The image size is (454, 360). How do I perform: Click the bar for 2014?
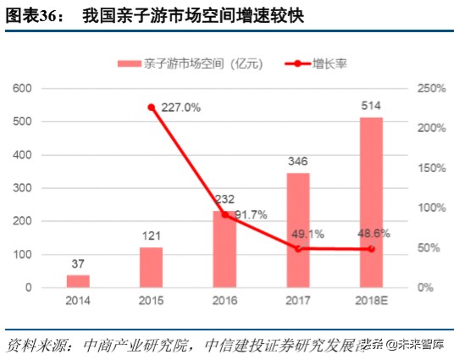pyautogui.click(x=78, y=281)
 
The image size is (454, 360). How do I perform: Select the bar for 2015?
pyautogui.click(x=151, y=268)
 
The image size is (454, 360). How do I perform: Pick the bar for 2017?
pyautogui.click(x=298, y=230)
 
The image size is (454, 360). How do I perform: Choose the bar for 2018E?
pyautogui.click(x=371, y=202)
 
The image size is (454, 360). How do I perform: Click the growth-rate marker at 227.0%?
pyautogui.click(x=152, y=108)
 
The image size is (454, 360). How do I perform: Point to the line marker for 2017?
pyautogui.click(x=298, y=248)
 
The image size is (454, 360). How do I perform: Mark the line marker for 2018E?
pyautogui.click(x=371, y=249)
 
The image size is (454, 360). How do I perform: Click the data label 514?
pyautogui.click(x=371, y=106)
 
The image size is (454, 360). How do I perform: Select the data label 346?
pyautogui.click(x=298, y=163)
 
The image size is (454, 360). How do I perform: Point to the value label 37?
pyautogui.click(x=78, y=264)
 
